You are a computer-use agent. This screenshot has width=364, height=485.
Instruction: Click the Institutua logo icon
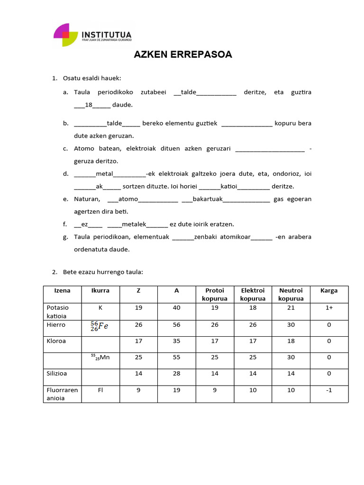click(x=66, y=35)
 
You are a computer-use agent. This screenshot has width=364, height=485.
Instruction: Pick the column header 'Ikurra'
click(x=100, y=290)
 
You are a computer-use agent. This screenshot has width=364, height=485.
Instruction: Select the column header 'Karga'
click(x=329, y=290)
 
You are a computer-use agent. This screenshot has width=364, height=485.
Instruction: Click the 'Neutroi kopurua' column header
click(x=291, y=294)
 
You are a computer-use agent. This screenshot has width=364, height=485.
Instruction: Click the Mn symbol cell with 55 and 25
click(x=100, y=357)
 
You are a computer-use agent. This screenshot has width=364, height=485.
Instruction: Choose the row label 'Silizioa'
click(x=57, y=373)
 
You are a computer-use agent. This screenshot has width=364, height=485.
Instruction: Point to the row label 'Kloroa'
click(x=55, y=341)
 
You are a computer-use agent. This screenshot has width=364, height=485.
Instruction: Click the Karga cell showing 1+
click(x=329, y=307)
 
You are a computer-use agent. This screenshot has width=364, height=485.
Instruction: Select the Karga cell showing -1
click(x=329, y=390)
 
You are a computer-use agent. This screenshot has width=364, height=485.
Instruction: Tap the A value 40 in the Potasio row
click(x=176, y=307)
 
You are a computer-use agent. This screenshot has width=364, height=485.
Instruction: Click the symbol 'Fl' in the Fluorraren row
click(x=100, y=390)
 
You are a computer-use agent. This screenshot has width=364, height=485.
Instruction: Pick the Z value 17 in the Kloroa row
click(x=138, y=341)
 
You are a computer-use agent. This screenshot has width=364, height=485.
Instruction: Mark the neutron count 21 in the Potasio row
click(x=291, y=307)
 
